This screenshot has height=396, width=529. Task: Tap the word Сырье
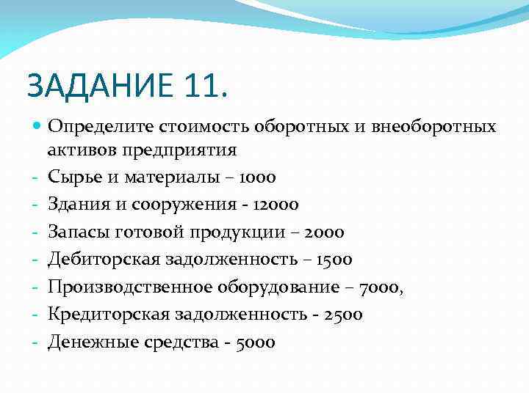point(72,177)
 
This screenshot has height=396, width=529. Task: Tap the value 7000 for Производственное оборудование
point(381,287)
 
